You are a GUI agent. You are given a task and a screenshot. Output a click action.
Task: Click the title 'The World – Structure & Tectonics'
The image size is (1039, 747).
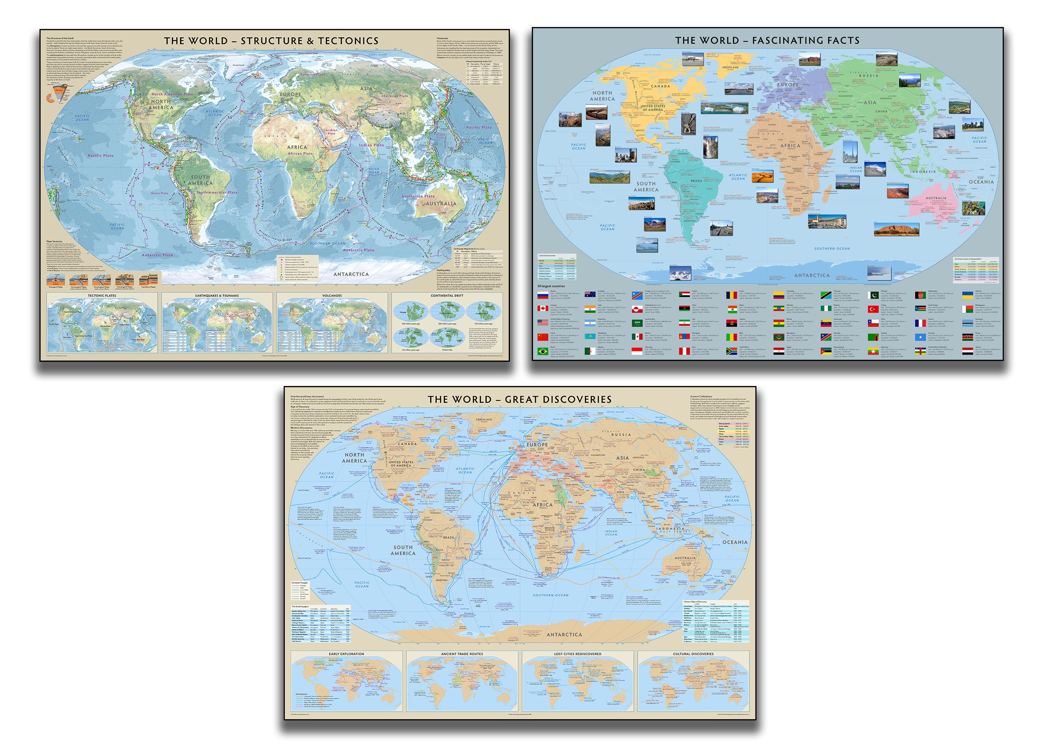[271, 41]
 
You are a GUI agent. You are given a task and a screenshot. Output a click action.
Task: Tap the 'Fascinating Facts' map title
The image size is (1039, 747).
[767, 40]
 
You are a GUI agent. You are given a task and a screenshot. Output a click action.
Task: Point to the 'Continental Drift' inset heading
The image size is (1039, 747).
[447, 295]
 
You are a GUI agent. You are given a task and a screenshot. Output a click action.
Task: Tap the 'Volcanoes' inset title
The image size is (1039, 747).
[332, 295]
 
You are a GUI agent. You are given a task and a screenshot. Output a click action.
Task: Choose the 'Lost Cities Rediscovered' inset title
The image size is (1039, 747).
[577, 654]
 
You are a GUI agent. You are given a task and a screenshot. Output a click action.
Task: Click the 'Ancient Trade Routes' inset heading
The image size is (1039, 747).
[462, 654]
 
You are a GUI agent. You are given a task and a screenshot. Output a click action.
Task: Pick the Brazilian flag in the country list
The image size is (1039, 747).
[542, 352]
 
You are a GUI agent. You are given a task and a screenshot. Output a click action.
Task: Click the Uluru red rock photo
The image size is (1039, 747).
[897, 229]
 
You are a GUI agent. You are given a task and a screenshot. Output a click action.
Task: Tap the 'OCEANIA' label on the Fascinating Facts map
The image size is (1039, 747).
[981, 182]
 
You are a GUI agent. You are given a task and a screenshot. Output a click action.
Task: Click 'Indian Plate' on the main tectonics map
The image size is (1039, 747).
[371, 145]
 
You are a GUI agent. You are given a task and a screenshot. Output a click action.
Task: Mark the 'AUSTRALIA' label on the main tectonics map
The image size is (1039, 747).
[441, 204]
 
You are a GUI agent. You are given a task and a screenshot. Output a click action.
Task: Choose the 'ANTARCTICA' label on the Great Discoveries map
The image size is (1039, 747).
[564, 635]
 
